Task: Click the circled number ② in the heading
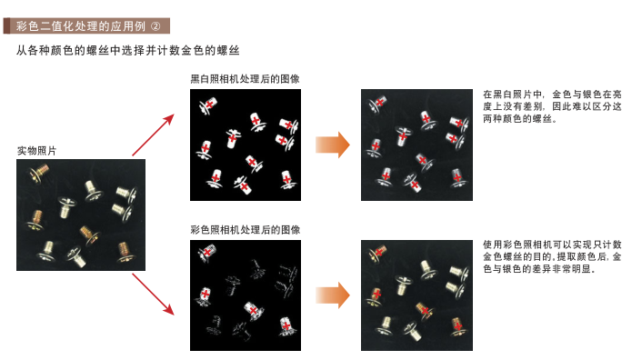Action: point(155,26)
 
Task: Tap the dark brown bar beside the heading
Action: point(6,25)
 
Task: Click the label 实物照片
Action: point(36,151)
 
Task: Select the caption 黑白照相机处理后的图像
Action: point(245,79)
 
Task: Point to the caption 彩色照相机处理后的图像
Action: point(246,230)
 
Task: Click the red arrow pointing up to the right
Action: point(153,135)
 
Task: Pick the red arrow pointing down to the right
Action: point(153,295)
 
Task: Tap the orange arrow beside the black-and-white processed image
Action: point(333,145)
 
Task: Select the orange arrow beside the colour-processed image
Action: point(333,295)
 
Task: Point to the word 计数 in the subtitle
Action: point(169,51)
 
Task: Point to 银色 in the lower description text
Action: point(512,269)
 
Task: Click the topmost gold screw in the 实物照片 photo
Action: point(39,174)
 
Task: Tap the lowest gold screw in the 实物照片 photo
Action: point(125,252)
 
